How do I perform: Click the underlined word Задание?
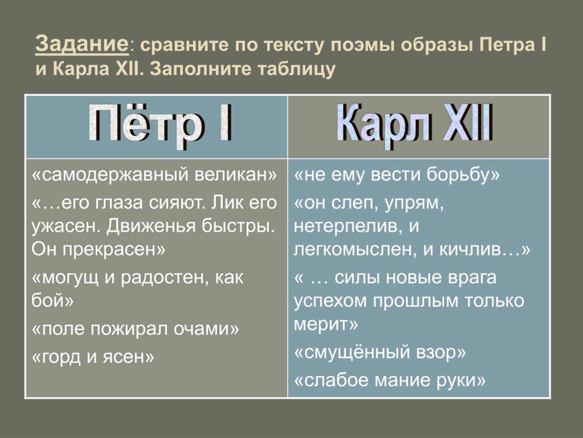click(82, 44)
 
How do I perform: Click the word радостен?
click(165, 278)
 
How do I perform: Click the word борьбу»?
click(463, 175)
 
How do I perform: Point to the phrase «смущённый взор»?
click(380, 353)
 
